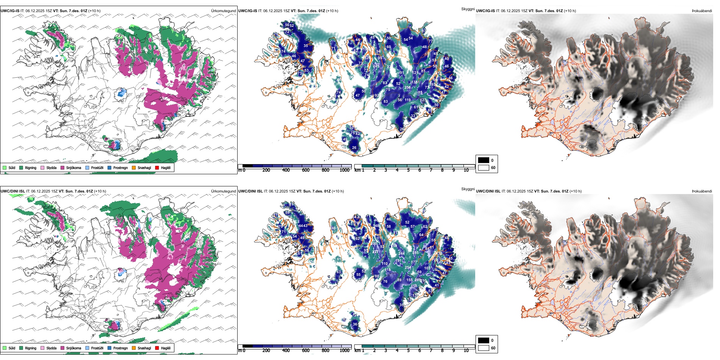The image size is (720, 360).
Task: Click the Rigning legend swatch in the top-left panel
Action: point(21,167)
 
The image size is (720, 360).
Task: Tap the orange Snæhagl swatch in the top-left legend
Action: point(134,167)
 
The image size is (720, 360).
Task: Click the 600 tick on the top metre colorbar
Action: point(306,170)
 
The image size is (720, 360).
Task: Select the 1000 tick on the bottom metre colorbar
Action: point(344,351)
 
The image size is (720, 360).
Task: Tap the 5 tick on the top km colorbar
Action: point(409,170)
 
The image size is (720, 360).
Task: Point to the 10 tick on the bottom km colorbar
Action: point(466,351)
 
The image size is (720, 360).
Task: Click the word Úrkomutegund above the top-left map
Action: point(223,11)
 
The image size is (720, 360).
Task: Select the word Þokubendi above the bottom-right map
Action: point(702,191)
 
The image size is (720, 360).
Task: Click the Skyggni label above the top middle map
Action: point(468,9)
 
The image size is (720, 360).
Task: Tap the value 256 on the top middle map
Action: point(407,88)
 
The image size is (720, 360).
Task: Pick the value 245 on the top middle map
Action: point(376,66)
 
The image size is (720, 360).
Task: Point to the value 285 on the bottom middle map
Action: point(415,253)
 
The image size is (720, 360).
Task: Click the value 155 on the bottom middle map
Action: point(409,280)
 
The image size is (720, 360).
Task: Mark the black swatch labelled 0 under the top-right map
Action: point(484,160)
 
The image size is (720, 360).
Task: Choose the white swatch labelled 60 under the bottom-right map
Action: point(484,348)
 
